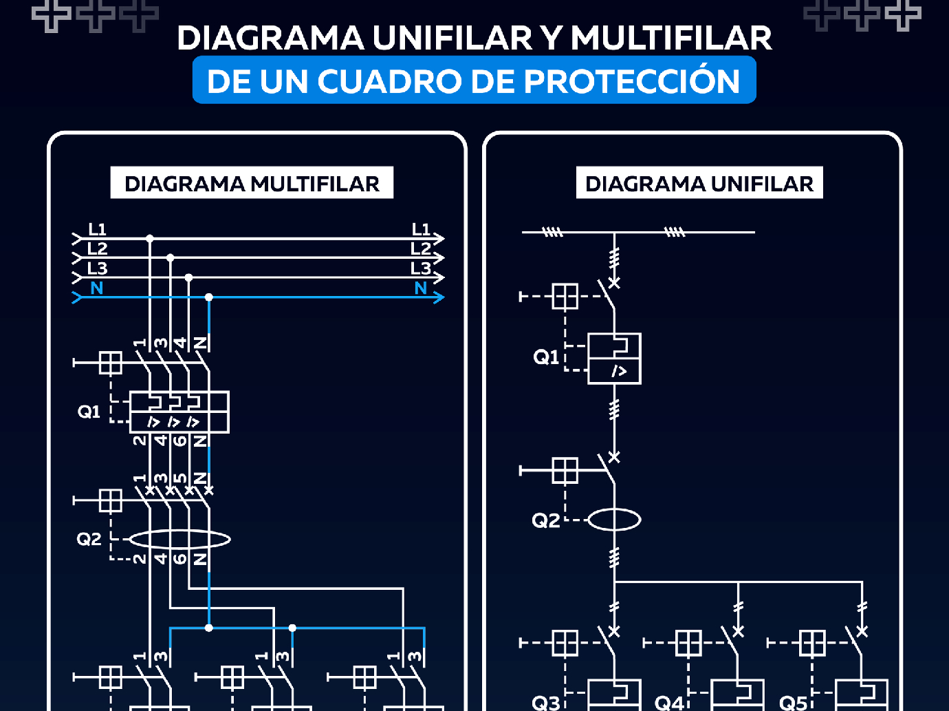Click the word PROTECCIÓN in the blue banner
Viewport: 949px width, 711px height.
pyautogui.click(x=631, y=81)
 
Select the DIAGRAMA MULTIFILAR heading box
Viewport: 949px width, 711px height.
pyautogui.click(x=252, y=183)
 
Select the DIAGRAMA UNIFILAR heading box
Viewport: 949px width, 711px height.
pyautogui.click(x=699, y=183)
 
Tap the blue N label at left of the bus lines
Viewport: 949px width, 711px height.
pyautogui.click(x=96, y=288)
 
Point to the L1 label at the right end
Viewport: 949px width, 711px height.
pyautogui.click(x=421, y=229)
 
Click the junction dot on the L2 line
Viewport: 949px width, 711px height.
pyautogui.click(x=170, y=258)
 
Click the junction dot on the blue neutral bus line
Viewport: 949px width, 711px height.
pyautogui.click(x=209, y=297)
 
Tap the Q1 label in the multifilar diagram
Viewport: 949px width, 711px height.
pyautogui.click(x=89, y=412)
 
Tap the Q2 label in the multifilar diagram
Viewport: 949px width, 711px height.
pyautogui.click(x=89, y=539)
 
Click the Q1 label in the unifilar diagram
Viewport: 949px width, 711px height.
pyautogui.click(x=546, y=357)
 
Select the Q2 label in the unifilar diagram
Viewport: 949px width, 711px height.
pyautogui.click(x=546, y=520)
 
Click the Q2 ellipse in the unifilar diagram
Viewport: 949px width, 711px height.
pyautogui.click(x=614, y=520)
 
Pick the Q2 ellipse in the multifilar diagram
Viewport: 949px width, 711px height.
pyautogui.click(x=179, y=539)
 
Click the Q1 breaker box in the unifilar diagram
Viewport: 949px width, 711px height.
pyautogui.click(x=614, y=359)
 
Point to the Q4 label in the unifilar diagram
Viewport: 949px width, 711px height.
pyautogui.click(x=669, y=702)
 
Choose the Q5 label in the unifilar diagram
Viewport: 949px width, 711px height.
pyautogui.click(x=793, y=702)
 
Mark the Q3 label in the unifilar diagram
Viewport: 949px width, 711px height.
pyautogui.click(x=546, y=702)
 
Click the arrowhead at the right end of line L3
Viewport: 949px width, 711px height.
pyautogui.click(x=439, y=277)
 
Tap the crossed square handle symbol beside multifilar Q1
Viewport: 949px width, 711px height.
pyautogui.click(x=110, y=362)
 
